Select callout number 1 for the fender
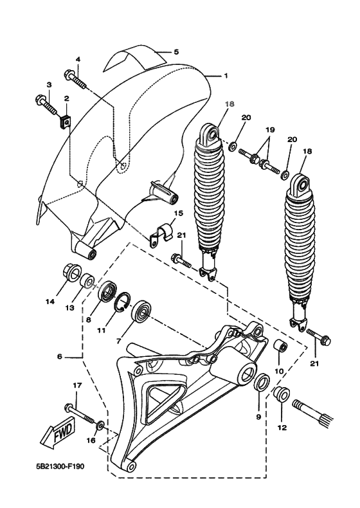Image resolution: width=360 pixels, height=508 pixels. (226, 76)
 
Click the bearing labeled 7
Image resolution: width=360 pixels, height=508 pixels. (141, 314)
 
